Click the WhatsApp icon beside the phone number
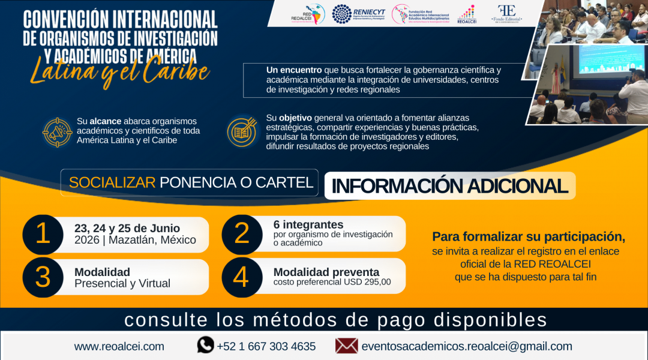(x=206, y=345)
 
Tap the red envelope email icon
(x=346, y=346)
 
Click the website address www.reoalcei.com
(x=119, y=346)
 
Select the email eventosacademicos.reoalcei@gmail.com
(x=466, y=346)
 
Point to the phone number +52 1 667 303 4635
(x=266, y=346)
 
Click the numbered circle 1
(x=43, y=233)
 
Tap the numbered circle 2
(x=241, y=233)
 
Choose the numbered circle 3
(x=43, y=277)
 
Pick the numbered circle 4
(x=241, y=277)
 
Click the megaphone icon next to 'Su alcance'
(x=57, y=132)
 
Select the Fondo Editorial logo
(x=507, y=14)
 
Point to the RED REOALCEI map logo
(x=306, y=14)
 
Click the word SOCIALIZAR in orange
(x=112, y=182)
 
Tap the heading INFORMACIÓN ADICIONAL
(x=449, y=186)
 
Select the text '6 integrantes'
(x=308, y=225)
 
